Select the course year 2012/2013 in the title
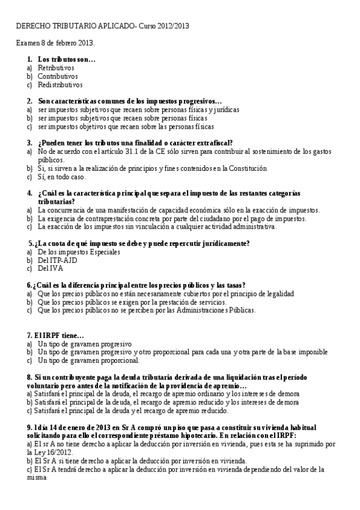pyautogui.click(x=172, y=27)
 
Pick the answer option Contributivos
pyautogui.click(x=58, y=76)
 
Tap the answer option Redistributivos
pyautogui.click(x=60, y=85)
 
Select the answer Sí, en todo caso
pyautogui.click(x=61, y=177)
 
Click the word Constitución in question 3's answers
pyautogui.click(x=247, y=168)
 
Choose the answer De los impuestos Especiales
pyautogui.click(x=79, y=251)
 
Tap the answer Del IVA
pyautogui.click(x=50, y=268)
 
